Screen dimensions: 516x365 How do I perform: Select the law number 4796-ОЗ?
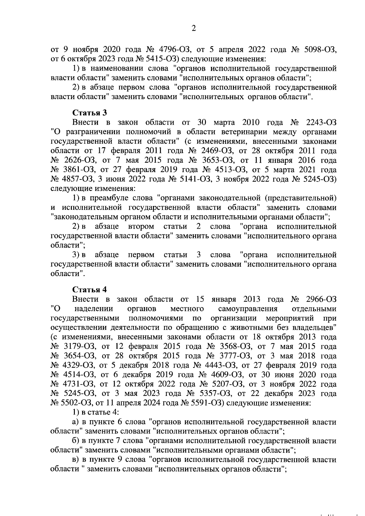coord(174,50)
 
